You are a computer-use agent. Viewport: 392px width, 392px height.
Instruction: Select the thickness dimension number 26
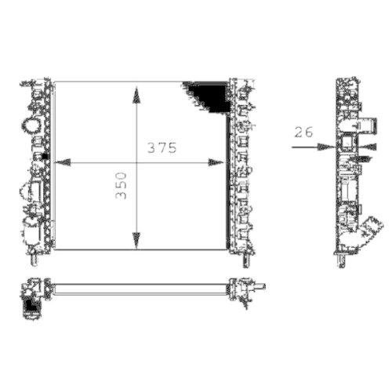(303, 132)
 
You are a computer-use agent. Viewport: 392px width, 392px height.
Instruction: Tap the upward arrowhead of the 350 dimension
(138, 95)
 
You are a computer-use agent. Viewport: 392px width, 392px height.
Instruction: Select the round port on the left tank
(32, 124)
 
